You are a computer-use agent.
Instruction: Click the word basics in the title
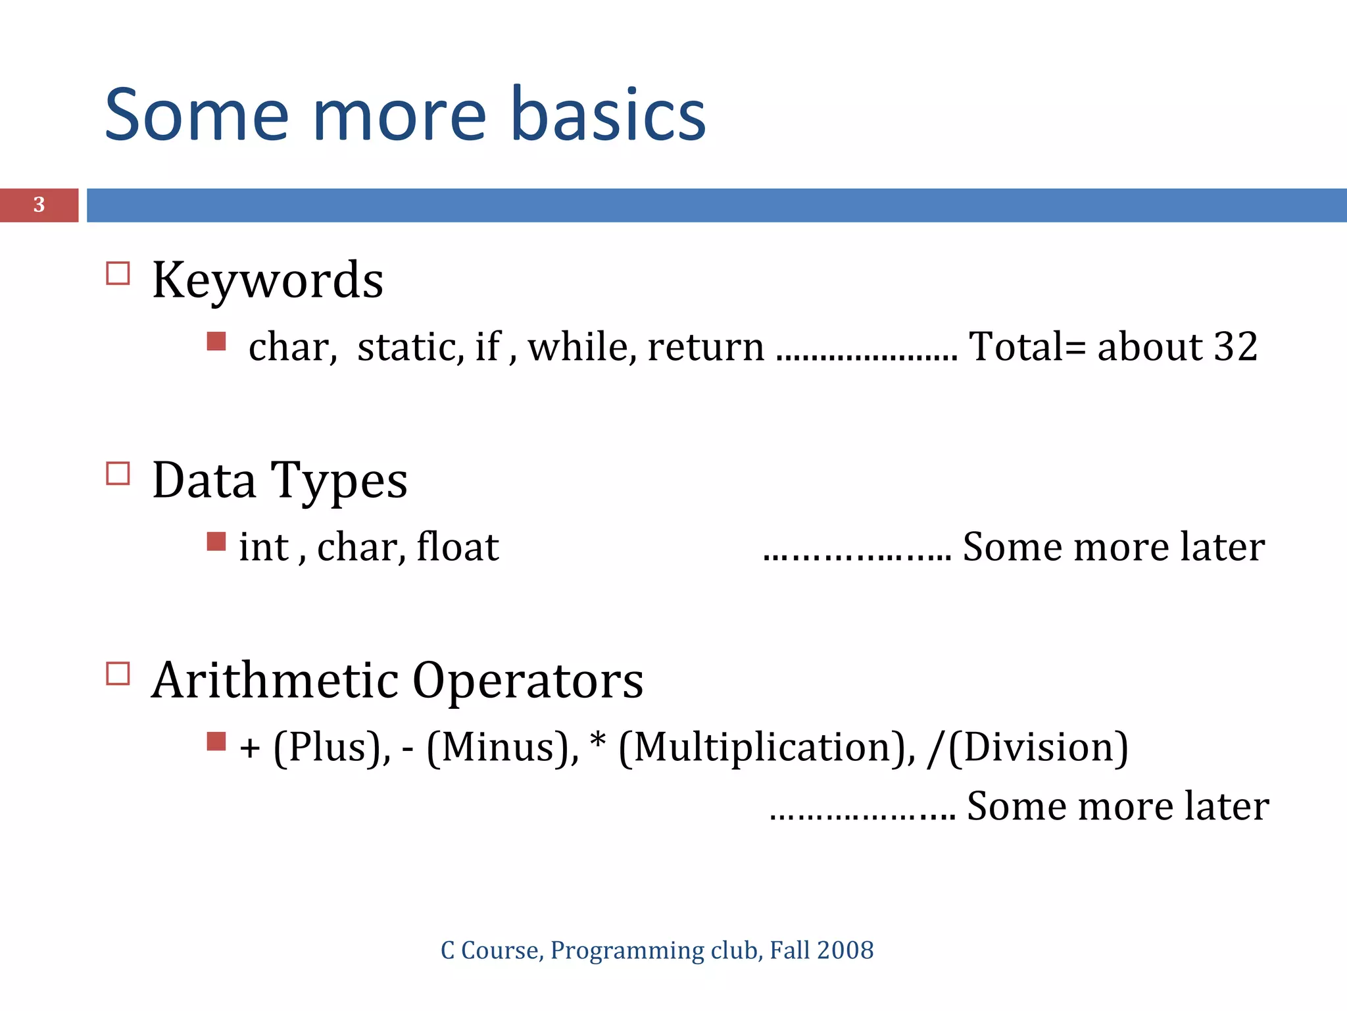608,116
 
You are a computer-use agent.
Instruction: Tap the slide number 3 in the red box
39,205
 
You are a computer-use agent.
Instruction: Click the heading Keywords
267,280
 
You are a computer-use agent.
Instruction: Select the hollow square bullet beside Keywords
118,273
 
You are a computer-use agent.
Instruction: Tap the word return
706,347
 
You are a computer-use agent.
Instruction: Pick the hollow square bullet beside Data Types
118,473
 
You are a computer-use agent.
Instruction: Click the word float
458,547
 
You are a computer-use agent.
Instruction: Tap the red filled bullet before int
216,541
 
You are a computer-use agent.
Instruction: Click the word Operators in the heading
527,681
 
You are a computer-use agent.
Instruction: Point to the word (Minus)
502,748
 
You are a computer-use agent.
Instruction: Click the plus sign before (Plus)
250,749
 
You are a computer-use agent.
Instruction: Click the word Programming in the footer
627,951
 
